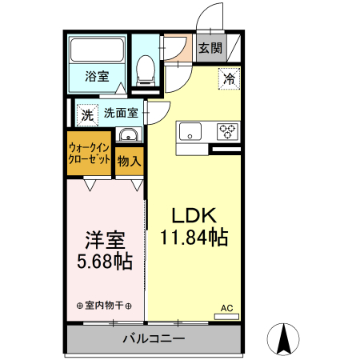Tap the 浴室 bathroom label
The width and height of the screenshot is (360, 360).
[97, 78]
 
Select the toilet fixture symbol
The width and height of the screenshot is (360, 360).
[146, 70]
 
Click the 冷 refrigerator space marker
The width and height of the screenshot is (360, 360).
[229, 78]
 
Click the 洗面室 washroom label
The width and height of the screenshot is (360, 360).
[122, 114]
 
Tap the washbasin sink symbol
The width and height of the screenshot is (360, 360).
[128, 135]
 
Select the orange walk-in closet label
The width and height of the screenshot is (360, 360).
[89, 154]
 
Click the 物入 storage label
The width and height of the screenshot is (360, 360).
[129, 161]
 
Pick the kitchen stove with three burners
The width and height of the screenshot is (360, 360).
[228, 131]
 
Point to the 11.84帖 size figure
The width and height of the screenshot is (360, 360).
[194, 238]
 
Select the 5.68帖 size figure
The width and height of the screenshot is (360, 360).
[104, 262]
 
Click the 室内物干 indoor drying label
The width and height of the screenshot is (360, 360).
[104, 306]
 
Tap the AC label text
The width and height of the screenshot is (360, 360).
[227, 306]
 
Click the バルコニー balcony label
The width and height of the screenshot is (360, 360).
[153, 338]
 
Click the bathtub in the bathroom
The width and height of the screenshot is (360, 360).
[97, 51]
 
